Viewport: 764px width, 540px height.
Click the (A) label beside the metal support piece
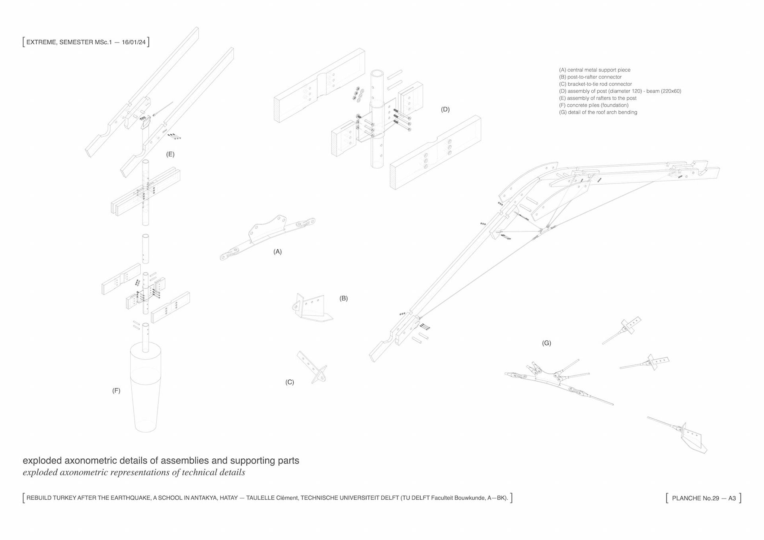point(277,251)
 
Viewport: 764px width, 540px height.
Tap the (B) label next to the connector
point(343,298)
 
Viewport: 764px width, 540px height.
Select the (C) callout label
point(290,382)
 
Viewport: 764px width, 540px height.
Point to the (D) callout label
point(445,109)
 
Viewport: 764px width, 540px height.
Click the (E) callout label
point(170,154)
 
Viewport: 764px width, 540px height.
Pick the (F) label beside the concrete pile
point(116,390)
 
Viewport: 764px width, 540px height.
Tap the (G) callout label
point(546,343)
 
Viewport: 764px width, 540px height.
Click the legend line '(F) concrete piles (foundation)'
point(594,105)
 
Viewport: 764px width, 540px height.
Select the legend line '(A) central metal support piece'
point(595,70)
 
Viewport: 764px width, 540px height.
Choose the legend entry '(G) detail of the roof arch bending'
point(598,112)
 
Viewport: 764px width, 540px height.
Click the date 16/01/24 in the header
point(134,42)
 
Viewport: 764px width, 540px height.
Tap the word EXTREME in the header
point(41,42)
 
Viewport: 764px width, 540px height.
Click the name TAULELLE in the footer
point(260,498)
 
